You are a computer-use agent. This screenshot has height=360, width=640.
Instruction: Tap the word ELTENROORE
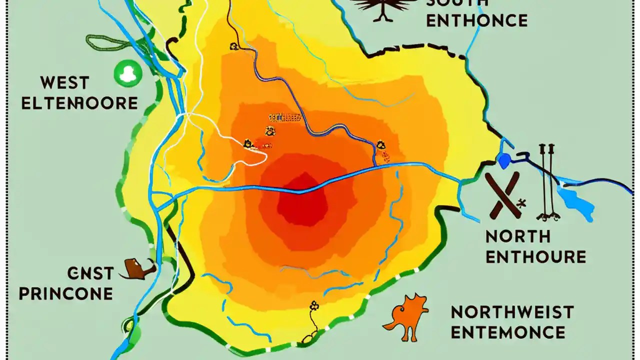[x=80, y=103]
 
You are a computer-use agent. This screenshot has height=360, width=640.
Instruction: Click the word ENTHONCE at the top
[x=476, y=21]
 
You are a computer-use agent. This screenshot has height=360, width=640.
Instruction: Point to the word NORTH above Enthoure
[x=518, y=236]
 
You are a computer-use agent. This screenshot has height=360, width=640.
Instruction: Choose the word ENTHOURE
[x=535, y=257]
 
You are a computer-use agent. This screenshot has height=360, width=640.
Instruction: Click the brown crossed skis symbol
[x=502, y=195]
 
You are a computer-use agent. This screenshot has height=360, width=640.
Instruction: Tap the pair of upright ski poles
[x=546, y=182]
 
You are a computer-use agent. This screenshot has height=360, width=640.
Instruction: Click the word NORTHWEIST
[x=512, y=312]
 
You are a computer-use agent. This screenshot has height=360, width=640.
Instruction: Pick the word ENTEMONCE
[x=507, y=332]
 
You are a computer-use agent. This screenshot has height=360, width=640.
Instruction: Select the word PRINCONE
[x=66, y=293]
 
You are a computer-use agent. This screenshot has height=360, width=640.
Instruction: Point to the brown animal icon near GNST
[x=136, y=269]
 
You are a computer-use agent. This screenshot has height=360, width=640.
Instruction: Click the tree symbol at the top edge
[x=384, y=7]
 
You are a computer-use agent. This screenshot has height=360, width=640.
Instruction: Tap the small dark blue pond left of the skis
[x=503, y=160]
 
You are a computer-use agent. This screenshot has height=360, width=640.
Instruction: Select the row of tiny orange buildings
[x=285, y=118]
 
